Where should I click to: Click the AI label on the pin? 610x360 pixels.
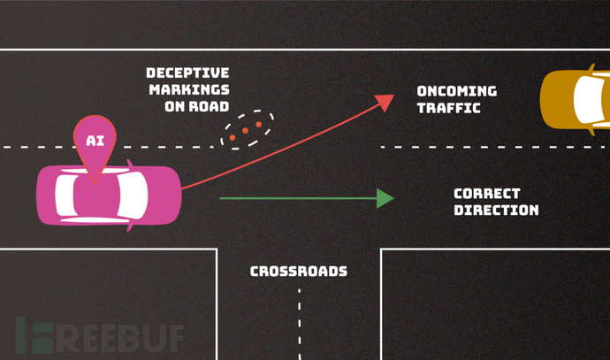(x=95, y=140)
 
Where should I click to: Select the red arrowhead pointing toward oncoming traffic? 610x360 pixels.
(x=385, y=101)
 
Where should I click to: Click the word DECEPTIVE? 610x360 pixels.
(x=187, y=73)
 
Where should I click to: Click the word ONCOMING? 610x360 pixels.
(x=456, y=91)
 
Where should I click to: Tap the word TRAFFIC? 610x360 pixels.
(x=448, y=108)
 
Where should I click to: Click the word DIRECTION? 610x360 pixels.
(x=495, y=211)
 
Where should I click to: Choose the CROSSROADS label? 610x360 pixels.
(x=298, y=272)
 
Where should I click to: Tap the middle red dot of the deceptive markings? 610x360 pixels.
(x=246, y=131)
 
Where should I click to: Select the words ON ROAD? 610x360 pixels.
(x=196, y=106)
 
